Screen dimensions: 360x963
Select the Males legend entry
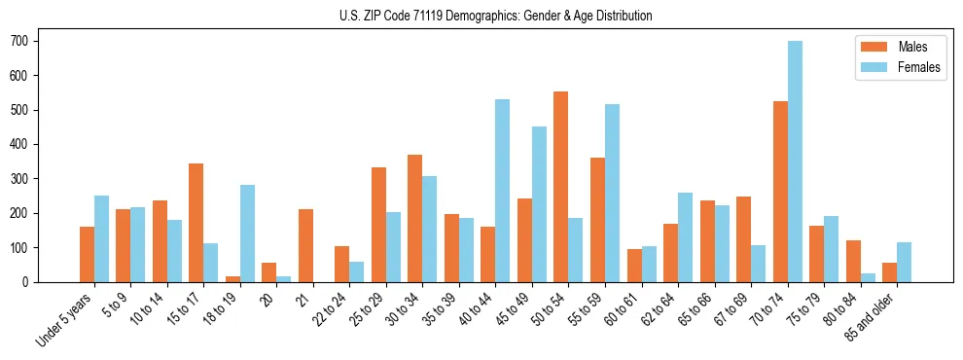tap(901, 47)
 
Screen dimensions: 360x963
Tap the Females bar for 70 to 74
tap(795, 162)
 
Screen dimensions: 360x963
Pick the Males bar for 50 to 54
tap(560, 187)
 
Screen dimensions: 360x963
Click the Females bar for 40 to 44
tap(502, 191)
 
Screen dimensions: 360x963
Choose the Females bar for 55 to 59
tap(612, 193)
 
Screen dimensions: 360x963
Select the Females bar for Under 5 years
tap(101, 238)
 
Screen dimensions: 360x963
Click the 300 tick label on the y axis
tap(21, 179)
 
